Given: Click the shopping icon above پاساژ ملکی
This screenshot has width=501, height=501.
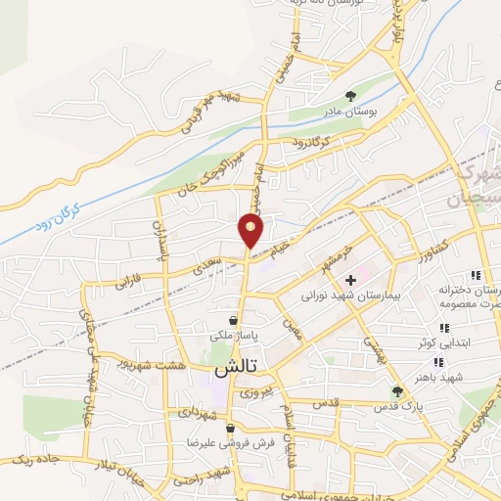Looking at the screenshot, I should (233, 319).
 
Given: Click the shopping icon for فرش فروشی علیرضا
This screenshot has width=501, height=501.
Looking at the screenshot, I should (229, 429).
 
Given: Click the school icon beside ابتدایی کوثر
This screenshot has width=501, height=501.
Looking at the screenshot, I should (443, 328).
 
